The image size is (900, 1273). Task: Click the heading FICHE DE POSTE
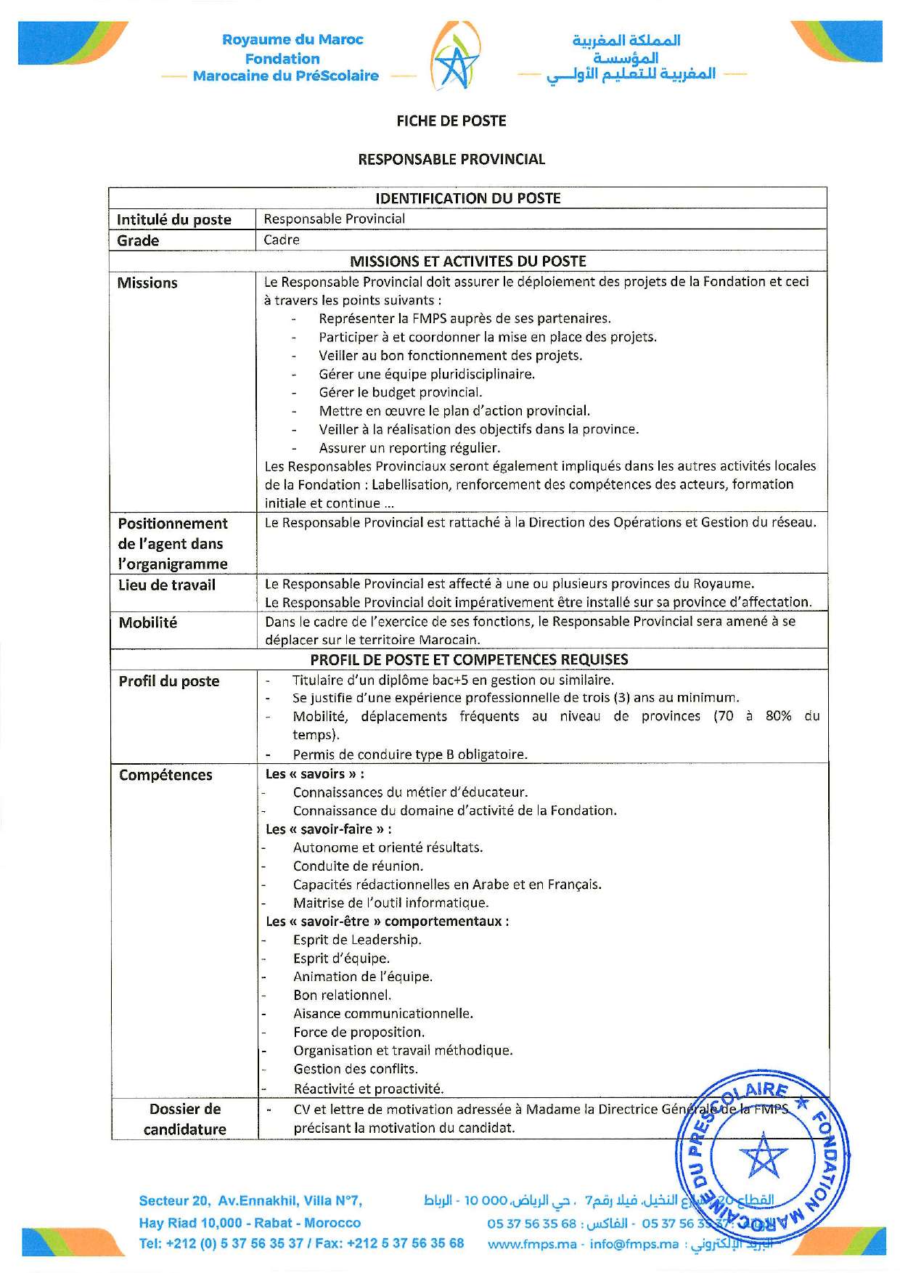point(451,121)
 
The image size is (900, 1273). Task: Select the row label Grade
point(138,240)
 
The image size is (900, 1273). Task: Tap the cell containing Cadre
point(282,240)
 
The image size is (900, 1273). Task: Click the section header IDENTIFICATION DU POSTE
point(467,198)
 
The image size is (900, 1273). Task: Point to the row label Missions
point(147,283)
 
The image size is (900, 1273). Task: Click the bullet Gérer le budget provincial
point(400,392)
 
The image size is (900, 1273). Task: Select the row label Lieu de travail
point(167,585)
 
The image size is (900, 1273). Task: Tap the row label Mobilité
point(148,622)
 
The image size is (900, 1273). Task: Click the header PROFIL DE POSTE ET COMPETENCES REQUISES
point(469,659)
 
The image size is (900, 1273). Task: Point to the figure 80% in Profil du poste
point(778,716)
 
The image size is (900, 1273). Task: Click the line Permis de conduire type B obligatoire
point(410,755)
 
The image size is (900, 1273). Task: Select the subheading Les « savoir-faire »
point(328,829)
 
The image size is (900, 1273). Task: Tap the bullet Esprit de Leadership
point(357,940)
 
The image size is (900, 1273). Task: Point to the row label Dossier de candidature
point(185,1119)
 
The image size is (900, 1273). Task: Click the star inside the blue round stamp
point(763,1155)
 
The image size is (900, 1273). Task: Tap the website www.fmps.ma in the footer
point(531,1245)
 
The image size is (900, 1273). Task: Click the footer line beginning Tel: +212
point(301,1243)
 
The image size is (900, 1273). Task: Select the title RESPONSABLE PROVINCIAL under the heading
point(451,160)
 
